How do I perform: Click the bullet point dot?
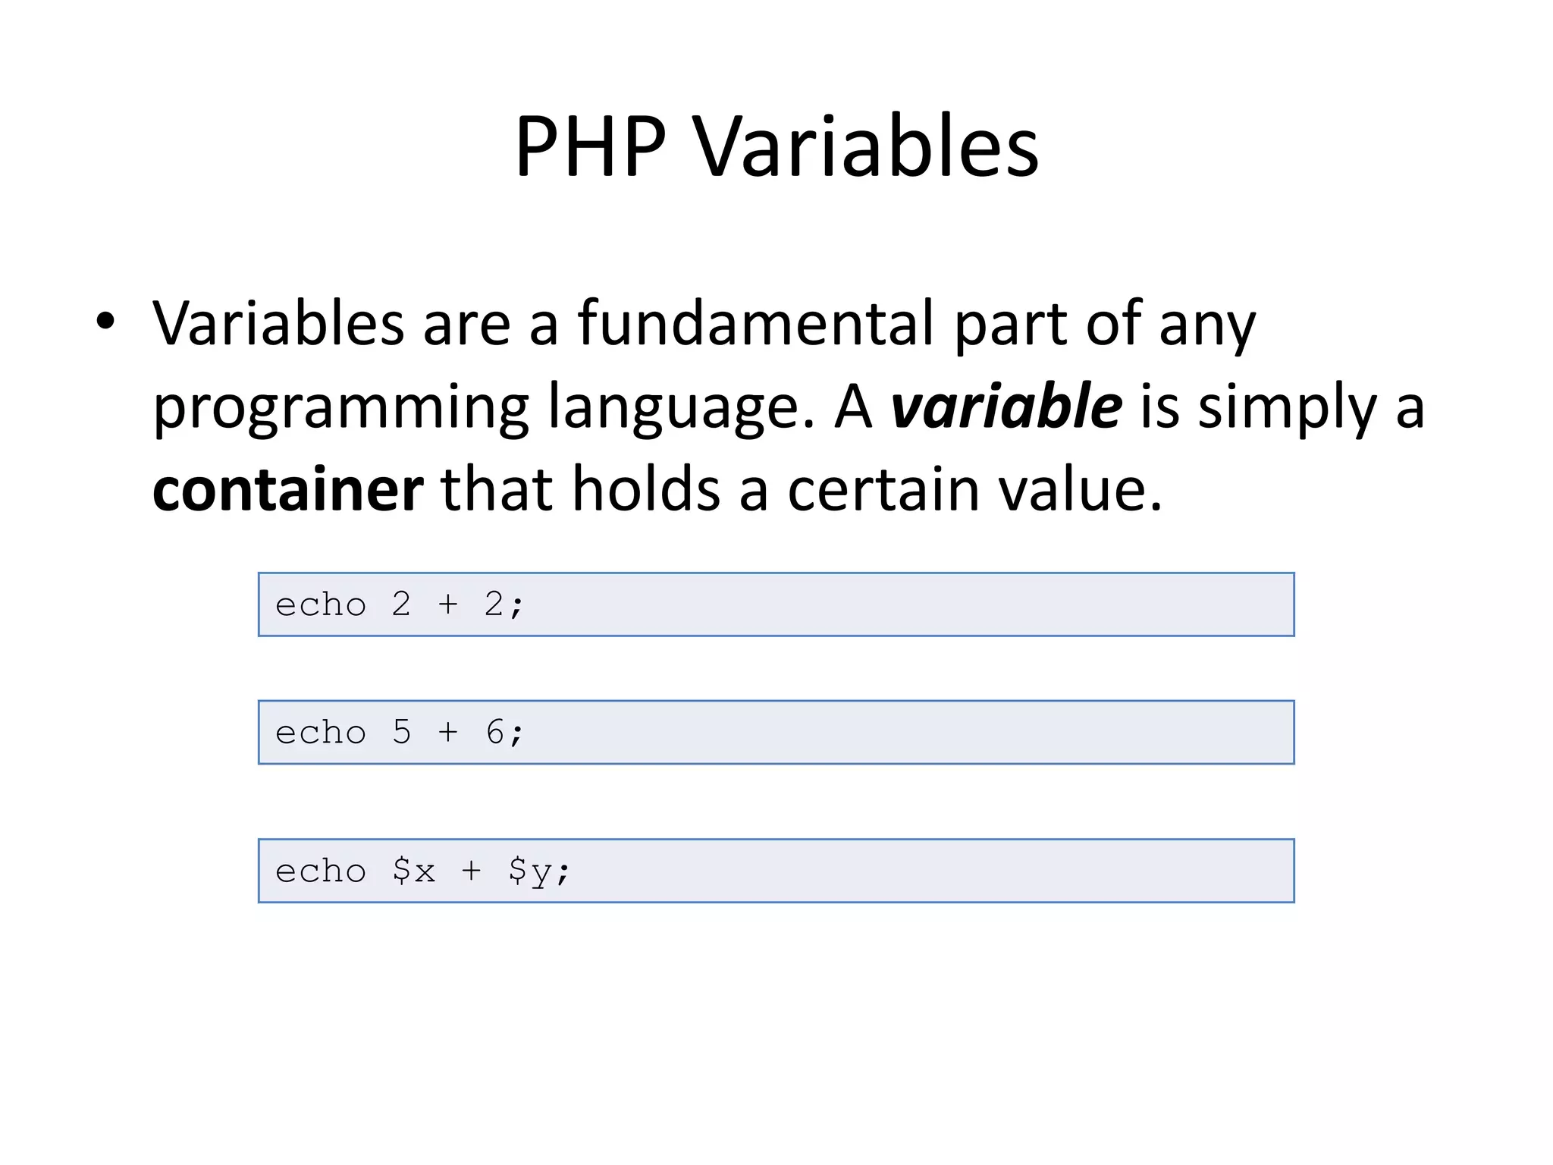coord(105,322)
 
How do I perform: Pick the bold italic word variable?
coord(1006,407)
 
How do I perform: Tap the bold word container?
coord(287,490)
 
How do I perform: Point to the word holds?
coord(645,490)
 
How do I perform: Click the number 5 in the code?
coord(401,733)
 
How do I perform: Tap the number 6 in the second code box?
coord(495,733)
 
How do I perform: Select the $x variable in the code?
coord(414,871)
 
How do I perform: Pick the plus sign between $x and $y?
coord(471,871)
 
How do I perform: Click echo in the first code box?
coord(321,605)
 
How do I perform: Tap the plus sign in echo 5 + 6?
coord(448,733)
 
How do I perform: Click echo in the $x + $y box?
coord(321,871)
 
